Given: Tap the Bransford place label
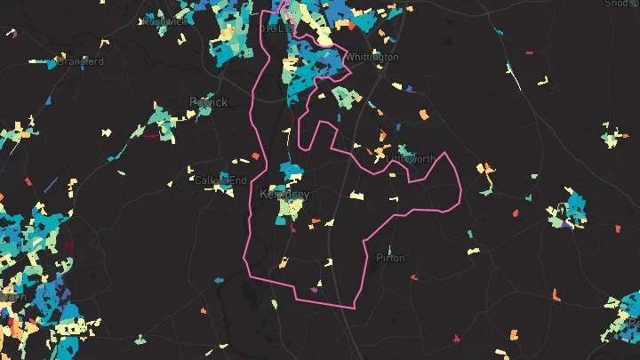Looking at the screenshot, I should pos(81,61).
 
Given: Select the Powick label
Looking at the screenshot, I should pos(209,101).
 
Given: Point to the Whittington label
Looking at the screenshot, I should pos(372,57).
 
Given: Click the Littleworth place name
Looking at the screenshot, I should pos(412,158).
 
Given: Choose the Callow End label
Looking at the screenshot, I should pos(221,180).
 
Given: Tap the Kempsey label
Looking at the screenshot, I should pos(284,193).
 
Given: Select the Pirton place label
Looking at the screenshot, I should pos(390,258).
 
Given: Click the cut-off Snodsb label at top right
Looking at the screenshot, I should pos(621,4).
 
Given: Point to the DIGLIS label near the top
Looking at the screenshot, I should pos(276,28).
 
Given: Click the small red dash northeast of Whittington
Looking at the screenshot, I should pos(529,52).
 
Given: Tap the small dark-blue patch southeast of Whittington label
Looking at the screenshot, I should pos(409,88).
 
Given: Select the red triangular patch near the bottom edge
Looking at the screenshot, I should pos(458,337).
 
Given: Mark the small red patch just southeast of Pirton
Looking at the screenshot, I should pos(413,277).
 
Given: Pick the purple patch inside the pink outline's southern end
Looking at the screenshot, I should pos(313,289).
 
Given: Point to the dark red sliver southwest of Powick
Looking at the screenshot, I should pos(69,246).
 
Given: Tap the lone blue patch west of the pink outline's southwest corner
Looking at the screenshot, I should pos(218,281).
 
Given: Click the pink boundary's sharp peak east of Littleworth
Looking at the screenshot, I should pos(444,153).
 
